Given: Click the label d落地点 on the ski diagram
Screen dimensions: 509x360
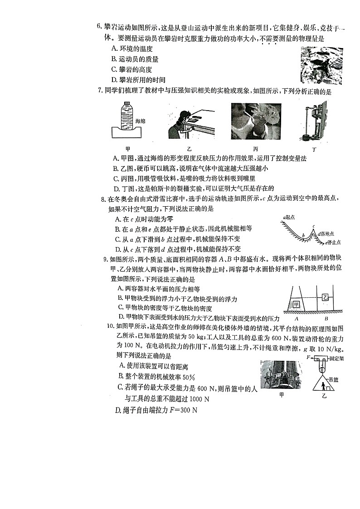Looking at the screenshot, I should [x=326, y=234].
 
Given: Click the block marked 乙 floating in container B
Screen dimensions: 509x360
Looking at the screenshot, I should [x=325, y=297].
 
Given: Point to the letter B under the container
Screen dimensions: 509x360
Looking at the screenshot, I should [x=326, y=319].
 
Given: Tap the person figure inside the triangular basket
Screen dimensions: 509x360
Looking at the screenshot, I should [x=323, y=386].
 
